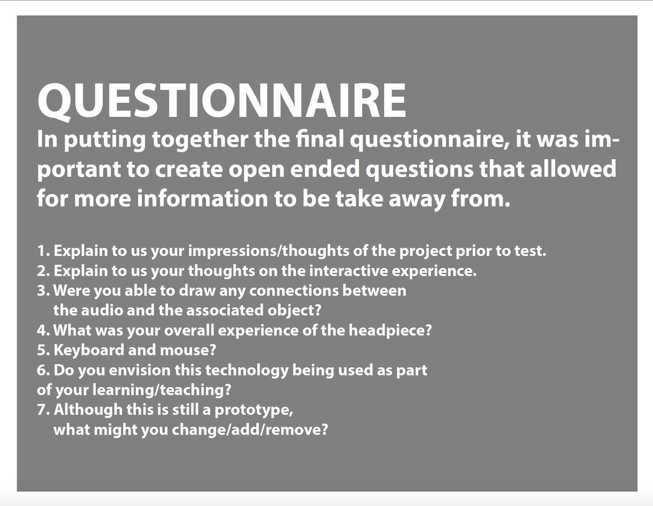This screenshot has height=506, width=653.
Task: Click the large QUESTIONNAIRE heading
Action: (221, 101)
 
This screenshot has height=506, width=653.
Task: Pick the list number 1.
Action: (43, 251)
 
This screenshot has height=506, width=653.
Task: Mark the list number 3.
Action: (43, 291)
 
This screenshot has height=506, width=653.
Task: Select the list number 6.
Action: (43, 370)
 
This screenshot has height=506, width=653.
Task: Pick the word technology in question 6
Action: (247, 370)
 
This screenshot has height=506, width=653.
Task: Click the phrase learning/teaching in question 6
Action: (162, 390)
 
